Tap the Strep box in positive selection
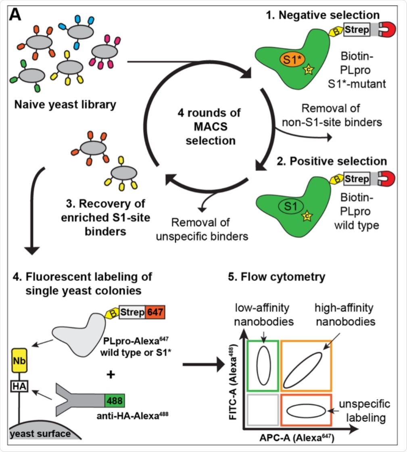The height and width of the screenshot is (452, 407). (x=357, y=178)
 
